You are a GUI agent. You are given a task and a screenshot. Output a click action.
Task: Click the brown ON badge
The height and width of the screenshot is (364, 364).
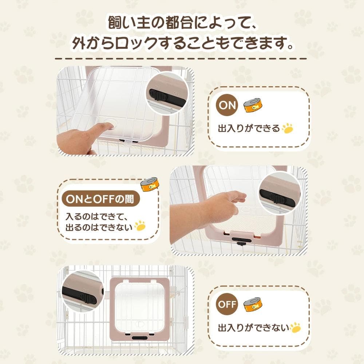227,105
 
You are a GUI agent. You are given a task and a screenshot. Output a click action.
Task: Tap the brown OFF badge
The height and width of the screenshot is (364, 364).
227,304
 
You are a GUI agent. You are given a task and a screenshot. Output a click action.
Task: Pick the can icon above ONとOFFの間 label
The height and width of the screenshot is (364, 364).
150,185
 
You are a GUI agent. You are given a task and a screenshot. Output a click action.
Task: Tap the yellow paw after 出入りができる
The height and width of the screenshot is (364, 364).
287,128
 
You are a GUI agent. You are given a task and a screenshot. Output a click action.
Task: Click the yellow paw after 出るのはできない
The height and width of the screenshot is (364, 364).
140,226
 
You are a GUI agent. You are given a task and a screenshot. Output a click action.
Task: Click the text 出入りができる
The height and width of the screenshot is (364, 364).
249,128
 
